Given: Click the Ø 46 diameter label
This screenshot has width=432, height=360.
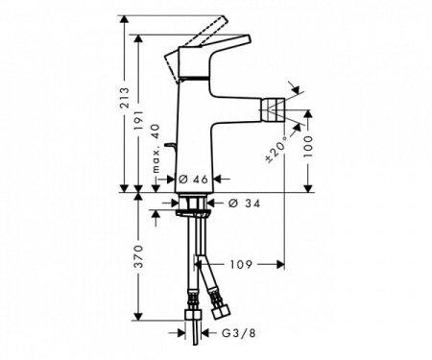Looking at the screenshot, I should pyautogui.click(x=196, y=179).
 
